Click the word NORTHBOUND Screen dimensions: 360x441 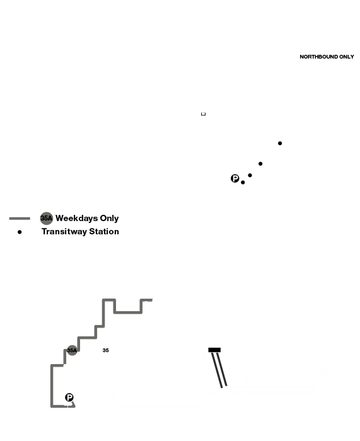tap(318, 57)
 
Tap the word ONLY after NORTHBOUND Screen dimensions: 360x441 tap(347, 57)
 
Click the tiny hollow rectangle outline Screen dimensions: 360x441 tap(203, 114)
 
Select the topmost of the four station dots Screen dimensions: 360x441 tap(280, 143)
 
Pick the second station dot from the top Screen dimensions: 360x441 tap(260, 164)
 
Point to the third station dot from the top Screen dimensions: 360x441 tap(250, 175)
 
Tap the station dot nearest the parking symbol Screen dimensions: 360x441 tap(243, 183)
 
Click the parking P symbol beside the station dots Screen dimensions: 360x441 tap(235, 178)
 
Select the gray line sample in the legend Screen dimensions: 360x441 tap(20, 218)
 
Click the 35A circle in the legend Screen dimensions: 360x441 tap(47, 218)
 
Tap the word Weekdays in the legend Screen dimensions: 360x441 tap(76, 219)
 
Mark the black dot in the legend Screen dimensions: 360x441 tap(20, 232)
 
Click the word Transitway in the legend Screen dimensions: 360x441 tap(64, 231)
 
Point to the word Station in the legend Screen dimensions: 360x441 tap(104, 231)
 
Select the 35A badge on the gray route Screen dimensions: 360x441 tap(72, 350)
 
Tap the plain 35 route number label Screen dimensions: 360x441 tap(105, 350)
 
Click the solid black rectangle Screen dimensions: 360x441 tap(214, 350)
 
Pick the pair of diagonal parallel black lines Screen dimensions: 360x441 tap(219, 370)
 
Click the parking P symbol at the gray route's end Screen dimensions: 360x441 tap(69, 398)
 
